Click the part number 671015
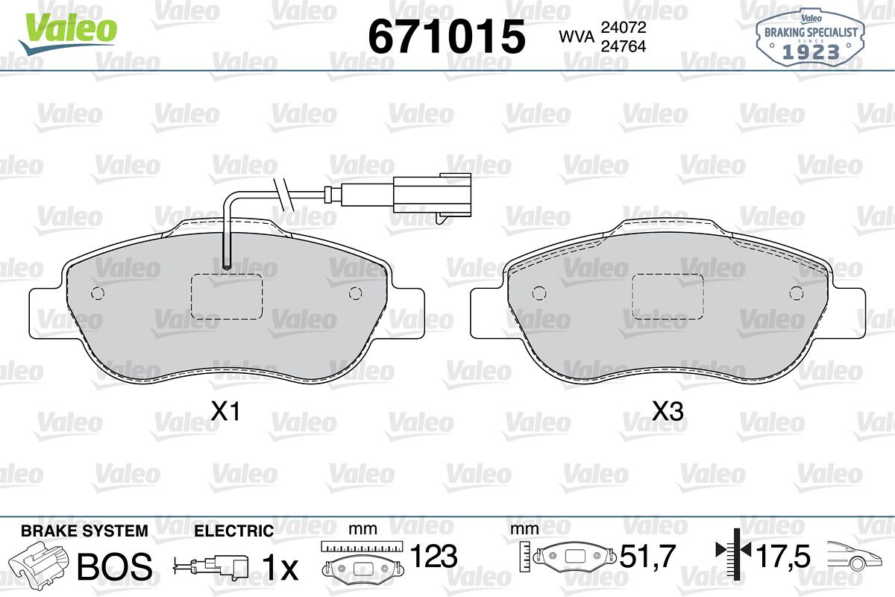pyautogui.click(x=447, y=37)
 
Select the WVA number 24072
pyautogui.click(x=624, y=27)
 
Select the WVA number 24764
pyautogui.click(x=624, y=46)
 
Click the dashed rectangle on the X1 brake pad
pyautogui.click(x=227, y=297)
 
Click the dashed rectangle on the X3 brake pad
pyautogui.click(x=668, y=297)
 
